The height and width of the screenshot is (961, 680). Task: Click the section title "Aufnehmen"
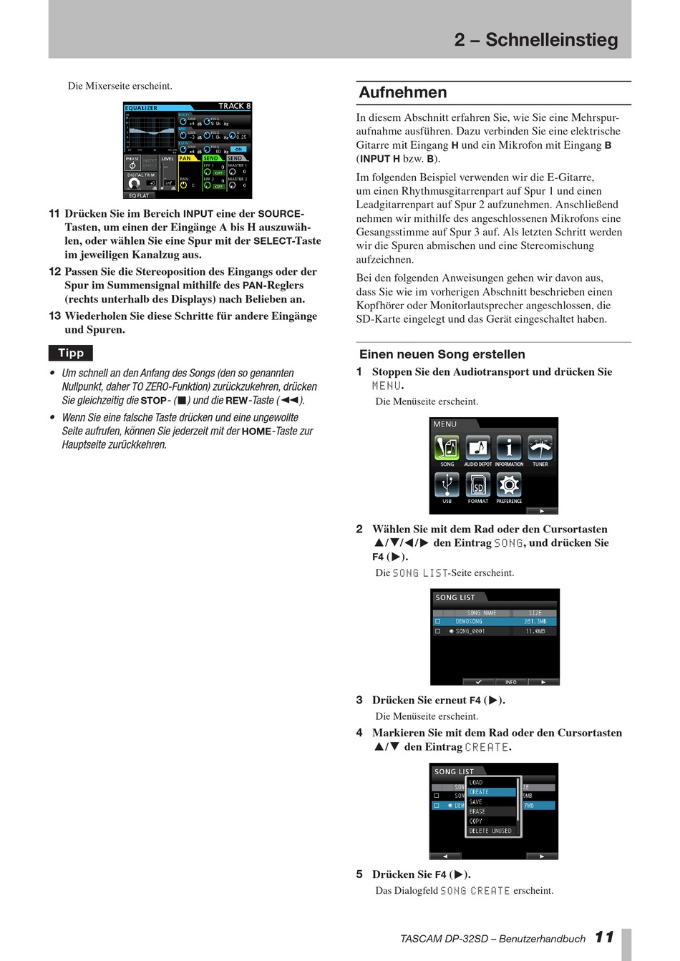[403, 92]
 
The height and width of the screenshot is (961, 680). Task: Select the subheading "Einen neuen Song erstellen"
[442, 354]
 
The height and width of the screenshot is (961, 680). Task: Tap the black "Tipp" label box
[71, 353]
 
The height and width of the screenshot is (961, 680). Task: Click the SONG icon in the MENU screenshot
[447, 449]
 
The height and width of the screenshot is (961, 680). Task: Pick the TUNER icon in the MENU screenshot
[540, 449]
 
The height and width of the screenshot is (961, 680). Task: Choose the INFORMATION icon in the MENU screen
[509, 449]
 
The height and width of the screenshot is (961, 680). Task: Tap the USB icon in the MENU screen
[447, 485]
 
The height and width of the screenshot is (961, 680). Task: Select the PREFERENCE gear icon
[509, 485]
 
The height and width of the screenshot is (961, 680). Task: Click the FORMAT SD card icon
[478, 485]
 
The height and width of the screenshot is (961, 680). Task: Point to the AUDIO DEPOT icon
[478, 449]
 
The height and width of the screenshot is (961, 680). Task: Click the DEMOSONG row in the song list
[494, 621]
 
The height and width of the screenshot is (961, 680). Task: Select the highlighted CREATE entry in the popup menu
[491, 792]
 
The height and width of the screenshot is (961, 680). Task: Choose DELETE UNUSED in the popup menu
[491, 831]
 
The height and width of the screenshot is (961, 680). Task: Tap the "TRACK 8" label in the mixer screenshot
[235, 106]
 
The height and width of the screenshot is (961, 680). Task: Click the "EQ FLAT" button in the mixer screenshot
[139, 195]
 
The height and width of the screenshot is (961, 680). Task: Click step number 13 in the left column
[54, 316]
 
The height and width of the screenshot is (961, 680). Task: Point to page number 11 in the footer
[604, 937]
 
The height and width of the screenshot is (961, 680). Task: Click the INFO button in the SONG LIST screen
[510, 682]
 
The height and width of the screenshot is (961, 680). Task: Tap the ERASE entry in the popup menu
[491, 811]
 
